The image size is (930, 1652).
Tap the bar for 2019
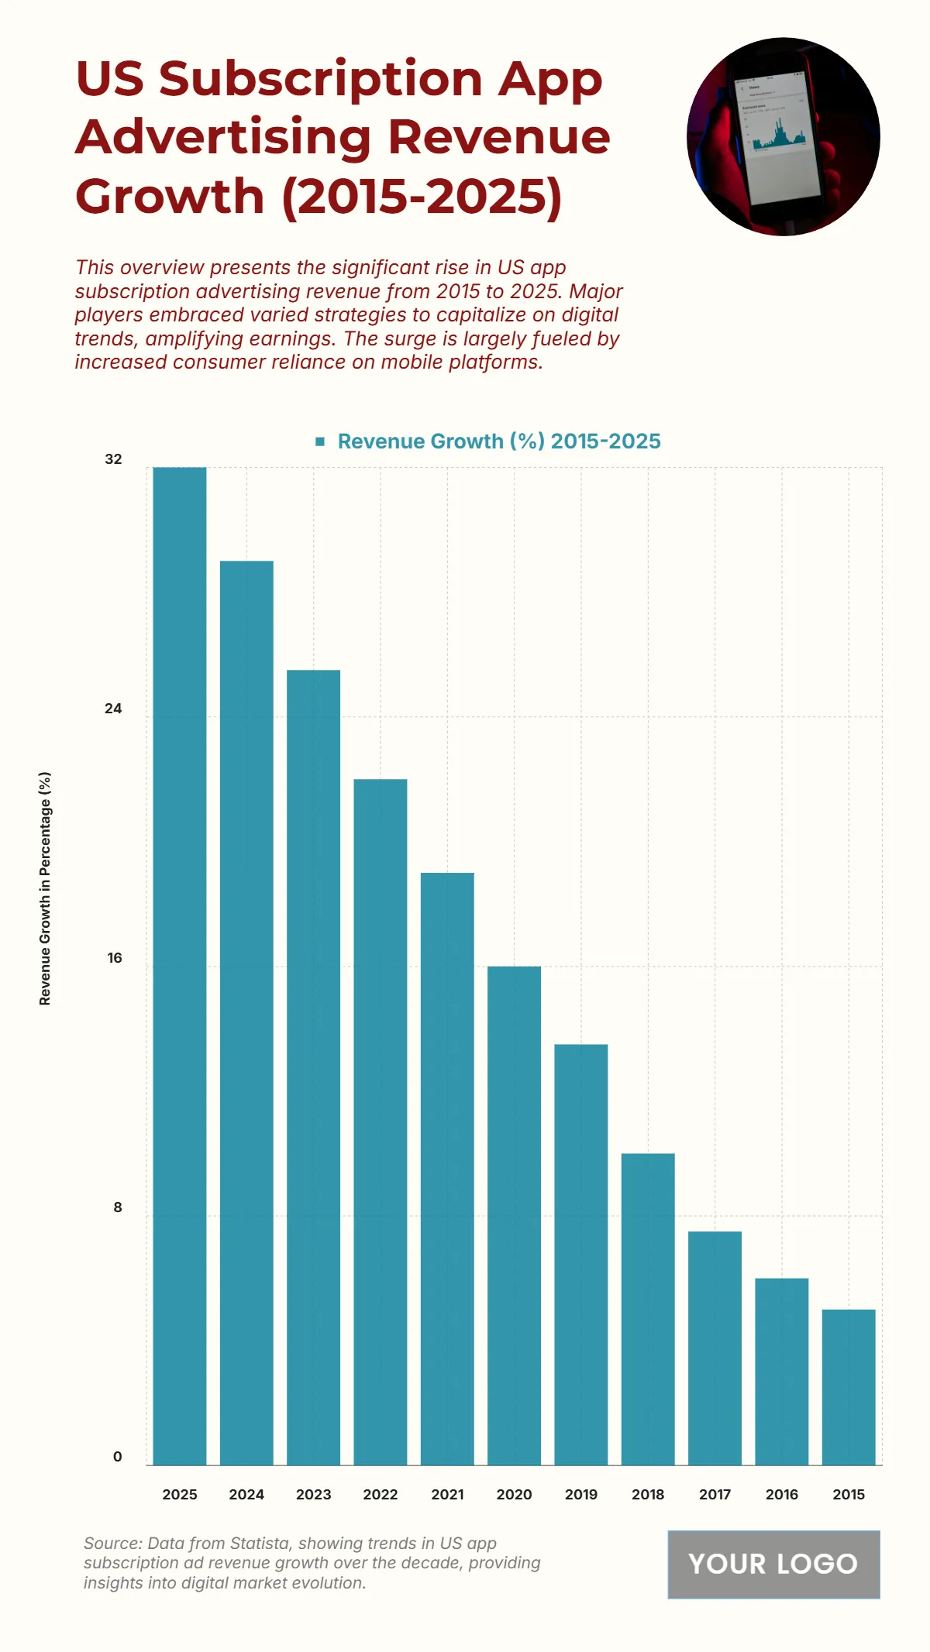581,1255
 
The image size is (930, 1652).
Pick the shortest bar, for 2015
849,1387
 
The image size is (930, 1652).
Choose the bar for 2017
715,1348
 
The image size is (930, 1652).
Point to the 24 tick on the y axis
113,709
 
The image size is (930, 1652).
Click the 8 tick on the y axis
118,1207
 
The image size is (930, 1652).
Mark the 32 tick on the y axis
113,459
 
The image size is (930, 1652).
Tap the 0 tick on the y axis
118,1457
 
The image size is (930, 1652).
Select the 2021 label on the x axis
447,1495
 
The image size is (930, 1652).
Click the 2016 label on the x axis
781,1495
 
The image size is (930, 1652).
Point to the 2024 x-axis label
246,1495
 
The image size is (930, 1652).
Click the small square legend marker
320,441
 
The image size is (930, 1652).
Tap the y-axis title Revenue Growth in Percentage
45,888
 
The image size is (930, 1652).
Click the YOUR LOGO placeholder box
773,1564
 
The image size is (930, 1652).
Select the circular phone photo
783,137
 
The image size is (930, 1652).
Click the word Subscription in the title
321,79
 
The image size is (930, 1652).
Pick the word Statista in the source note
256,1544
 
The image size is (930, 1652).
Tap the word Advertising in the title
224,137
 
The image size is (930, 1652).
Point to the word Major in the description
596,291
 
